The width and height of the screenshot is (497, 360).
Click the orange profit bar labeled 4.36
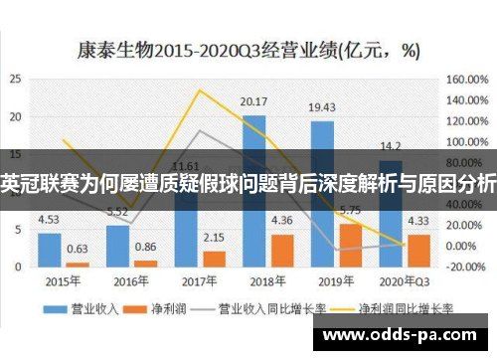click(x=281, y=250)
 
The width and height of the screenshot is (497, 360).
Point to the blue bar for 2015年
click(x=49, y=249)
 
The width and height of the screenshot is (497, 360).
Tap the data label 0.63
click(x=77, y=249)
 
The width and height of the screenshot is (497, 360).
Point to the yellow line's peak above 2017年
click(x=200, y=91)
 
